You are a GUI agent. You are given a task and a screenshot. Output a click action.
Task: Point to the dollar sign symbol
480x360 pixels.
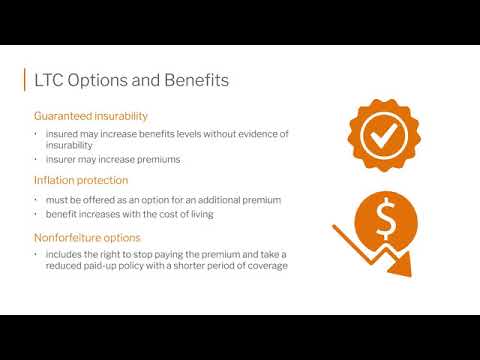click(385, 215)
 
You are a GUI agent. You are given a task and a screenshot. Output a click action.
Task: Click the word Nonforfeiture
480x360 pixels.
click(66, 237)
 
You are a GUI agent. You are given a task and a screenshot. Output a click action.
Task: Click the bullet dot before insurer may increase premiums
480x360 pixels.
click(36, 159)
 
